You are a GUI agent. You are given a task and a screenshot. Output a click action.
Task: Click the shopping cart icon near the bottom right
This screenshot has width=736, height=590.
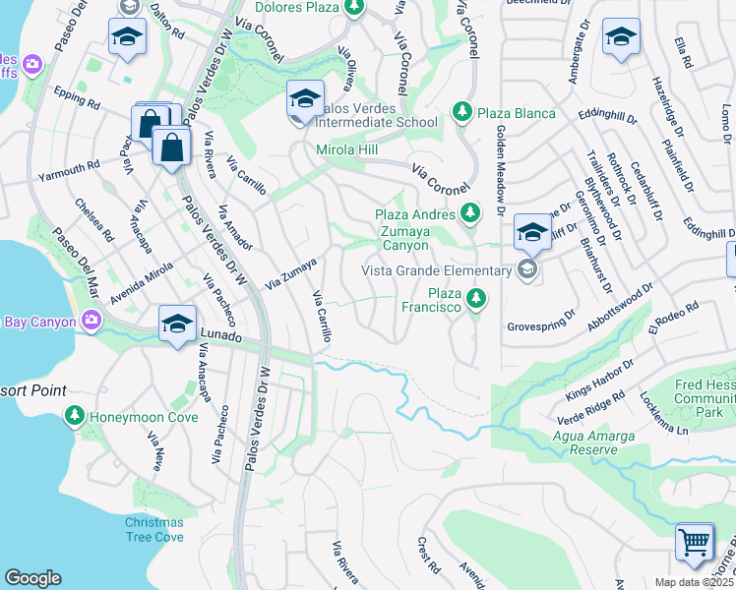695,542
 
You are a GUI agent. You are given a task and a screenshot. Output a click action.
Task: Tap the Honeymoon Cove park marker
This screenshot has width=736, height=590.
74,417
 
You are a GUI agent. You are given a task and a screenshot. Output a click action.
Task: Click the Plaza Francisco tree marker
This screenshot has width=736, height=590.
476,296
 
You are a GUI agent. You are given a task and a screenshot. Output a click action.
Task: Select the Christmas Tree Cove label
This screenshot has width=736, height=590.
153,529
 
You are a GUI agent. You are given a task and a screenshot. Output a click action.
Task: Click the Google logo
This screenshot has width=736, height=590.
32,578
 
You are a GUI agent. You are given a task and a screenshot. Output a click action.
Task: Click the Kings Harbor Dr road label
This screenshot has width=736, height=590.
600,382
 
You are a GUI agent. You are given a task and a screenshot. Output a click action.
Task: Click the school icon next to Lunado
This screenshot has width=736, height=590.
176,324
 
